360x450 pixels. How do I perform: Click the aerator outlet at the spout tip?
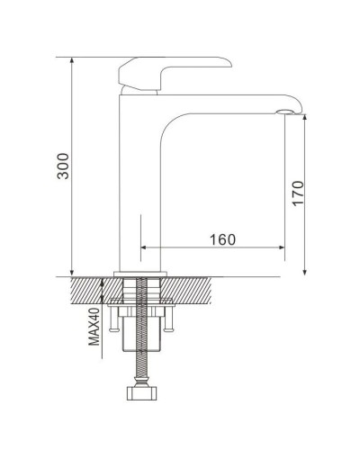tap(284, 112)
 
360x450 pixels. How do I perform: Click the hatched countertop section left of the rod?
tap(90, 290)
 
